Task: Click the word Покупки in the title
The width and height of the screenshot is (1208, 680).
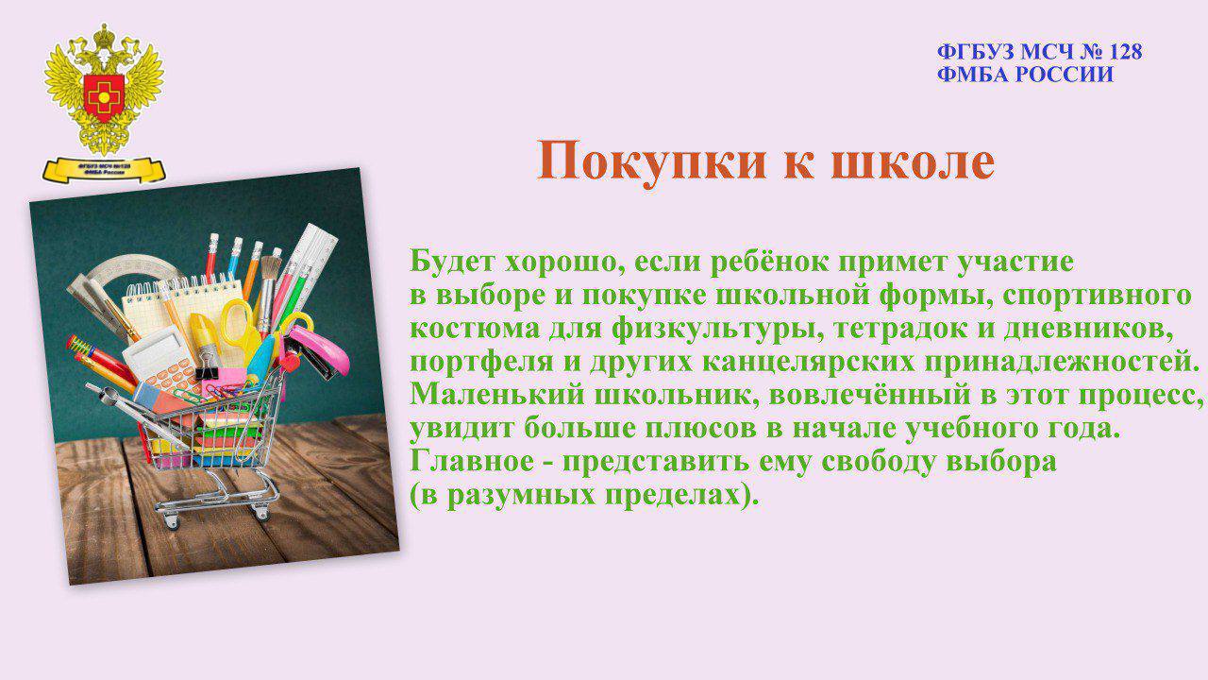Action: tap(651, 161)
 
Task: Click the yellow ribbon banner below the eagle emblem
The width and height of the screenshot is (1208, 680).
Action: tap(104, 169)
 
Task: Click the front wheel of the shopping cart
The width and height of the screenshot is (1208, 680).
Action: tap(171, 521)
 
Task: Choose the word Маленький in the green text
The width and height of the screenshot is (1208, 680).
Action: tap(497, 395)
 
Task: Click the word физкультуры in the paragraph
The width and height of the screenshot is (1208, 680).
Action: tap(718, 330)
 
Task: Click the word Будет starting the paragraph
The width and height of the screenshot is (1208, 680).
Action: tap(452, 262)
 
